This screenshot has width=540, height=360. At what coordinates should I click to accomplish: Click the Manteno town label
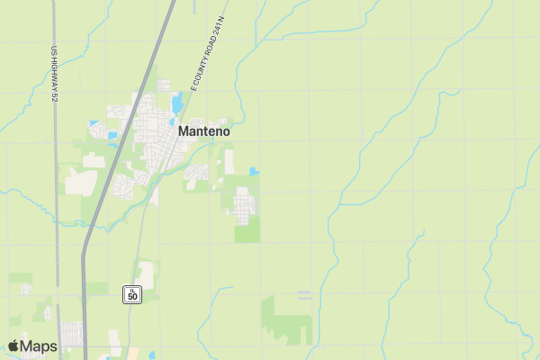(x=203, y=130)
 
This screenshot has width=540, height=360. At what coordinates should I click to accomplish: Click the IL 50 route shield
(x=132, y=293)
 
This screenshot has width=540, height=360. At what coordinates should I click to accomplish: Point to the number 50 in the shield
(x=132, y=296)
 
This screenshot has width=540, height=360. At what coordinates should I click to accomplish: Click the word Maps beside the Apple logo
(x=39, y=346)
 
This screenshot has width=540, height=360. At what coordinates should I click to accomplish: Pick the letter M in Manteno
(x=184, y=130)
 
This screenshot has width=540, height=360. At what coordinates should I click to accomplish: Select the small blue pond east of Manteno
(x=254, y=171)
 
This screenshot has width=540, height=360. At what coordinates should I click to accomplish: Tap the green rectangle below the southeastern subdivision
(x=247, y=234)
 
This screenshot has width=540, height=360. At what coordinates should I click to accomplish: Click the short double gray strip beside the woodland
(x=304, y=293)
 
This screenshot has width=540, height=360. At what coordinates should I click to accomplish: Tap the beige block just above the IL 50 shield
(x=145, y=274)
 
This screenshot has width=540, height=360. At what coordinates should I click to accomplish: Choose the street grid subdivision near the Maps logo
(x=71, y=334)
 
